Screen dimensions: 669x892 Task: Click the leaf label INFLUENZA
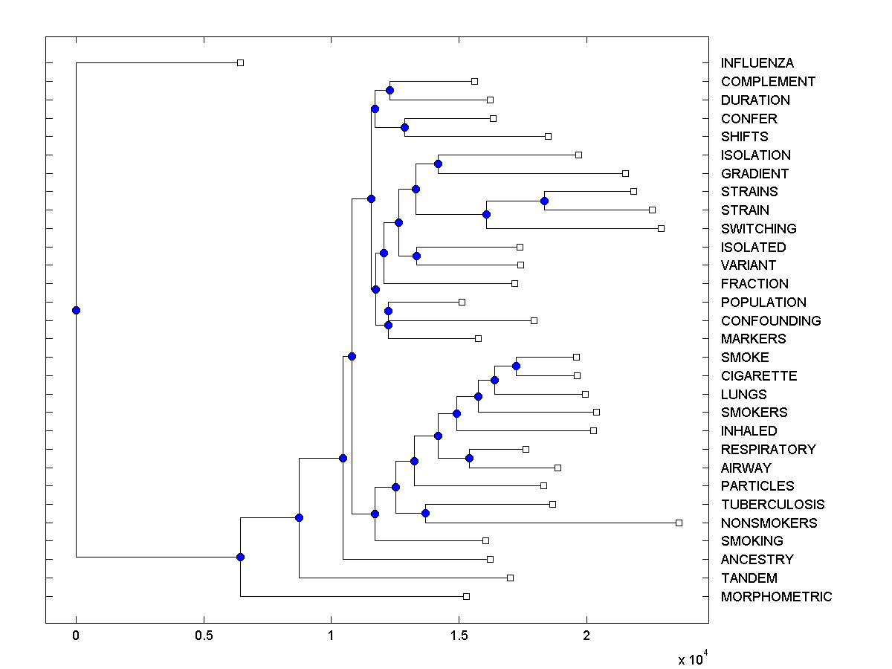[757, 63]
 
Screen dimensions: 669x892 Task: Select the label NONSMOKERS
[769, 523]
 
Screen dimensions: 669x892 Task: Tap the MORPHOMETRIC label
[776, 597]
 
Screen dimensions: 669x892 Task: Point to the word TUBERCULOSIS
[772, 505]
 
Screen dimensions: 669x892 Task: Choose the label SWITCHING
[758, 229]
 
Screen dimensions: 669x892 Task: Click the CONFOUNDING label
[771, 321]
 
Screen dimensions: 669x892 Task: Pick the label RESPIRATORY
[768, 450]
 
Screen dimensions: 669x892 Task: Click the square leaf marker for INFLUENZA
[240, 62]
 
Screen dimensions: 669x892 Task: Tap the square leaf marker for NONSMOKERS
[679, 523]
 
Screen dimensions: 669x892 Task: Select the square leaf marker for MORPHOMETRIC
[466, 596]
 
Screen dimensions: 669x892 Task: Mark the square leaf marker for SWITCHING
[661, 228]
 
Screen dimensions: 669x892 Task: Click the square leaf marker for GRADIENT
[625, 173]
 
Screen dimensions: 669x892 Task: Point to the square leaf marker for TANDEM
[510, 578]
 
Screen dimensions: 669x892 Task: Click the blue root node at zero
[76, 310]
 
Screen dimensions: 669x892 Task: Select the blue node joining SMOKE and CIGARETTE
[516, 366]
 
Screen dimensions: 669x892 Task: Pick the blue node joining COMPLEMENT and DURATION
[390, 90]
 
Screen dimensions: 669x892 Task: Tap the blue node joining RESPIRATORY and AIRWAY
[469, 458]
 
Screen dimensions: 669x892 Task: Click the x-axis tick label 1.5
[459, 636]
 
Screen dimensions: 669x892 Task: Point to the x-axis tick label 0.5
[204, 636]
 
